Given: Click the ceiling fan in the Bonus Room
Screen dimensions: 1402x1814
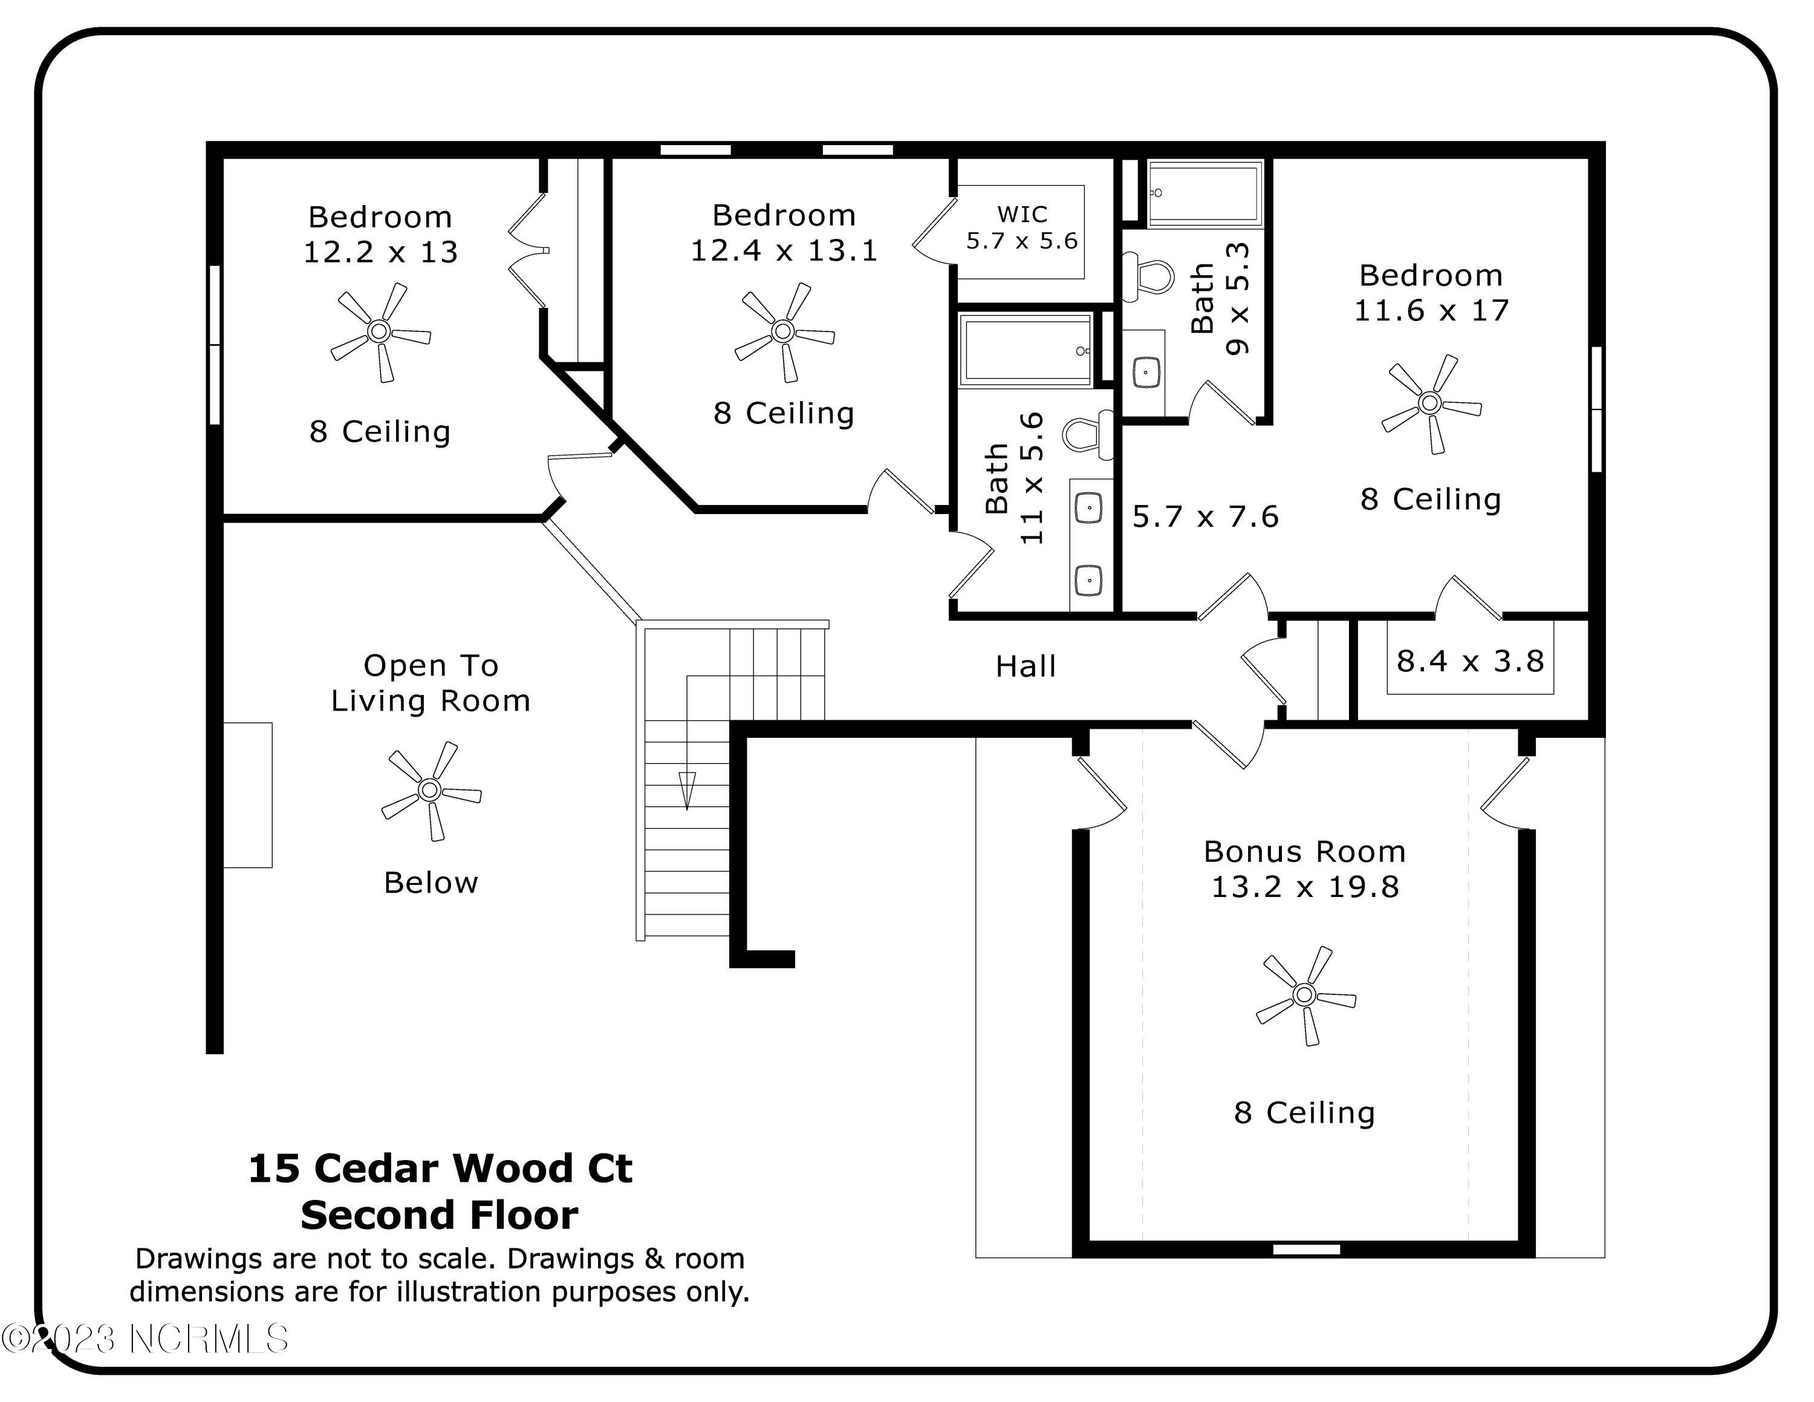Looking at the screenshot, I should coord(1304,994).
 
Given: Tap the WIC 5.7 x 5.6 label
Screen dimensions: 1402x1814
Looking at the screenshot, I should coord(1022,227).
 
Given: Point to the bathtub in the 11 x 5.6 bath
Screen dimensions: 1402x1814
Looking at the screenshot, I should coord(1026,351).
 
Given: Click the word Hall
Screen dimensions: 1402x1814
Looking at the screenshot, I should coord(1026,666).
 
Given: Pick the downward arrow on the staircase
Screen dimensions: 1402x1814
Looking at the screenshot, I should coord(687,790).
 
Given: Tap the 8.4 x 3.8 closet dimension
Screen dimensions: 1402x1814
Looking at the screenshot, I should coord(1469,661).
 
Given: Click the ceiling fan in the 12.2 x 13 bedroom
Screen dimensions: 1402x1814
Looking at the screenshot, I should coord(380,332).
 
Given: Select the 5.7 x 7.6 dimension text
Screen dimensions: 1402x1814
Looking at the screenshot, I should coord(1205,517).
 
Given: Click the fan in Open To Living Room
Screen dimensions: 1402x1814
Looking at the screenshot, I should coord(429,790).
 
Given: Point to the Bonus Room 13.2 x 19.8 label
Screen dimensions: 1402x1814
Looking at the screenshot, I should coord(1305,869).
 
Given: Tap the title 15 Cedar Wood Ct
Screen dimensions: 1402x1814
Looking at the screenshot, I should coord(440,1168).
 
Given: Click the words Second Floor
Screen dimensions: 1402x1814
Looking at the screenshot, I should coord(440,1215).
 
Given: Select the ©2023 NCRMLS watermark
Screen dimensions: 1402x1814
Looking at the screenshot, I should coord(145,1339).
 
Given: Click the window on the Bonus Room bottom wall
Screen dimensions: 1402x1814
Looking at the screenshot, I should coord(1307,1249).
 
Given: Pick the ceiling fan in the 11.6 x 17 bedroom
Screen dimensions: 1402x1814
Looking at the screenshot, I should coord(1429,403).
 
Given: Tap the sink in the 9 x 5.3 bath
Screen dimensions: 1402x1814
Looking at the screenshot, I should coord(1146,372).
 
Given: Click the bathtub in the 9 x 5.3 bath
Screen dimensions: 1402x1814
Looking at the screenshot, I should coord(1204,194).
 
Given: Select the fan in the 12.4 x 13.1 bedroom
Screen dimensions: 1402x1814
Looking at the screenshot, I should coord(782,332).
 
